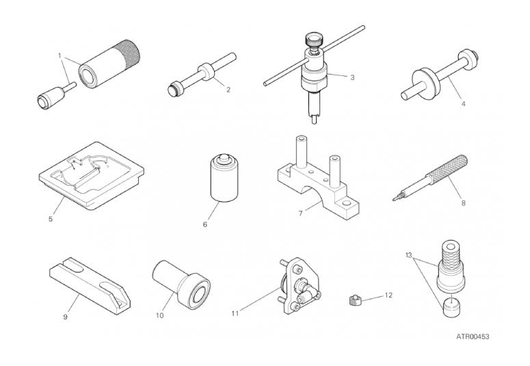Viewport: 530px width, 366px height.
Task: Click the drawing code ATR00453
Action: [x=473, y=337]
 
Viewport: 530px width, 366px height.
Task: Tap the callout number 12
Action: [x=388, y=296]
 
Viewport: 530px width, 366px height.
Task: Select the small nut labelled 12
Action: [x=354, y=300]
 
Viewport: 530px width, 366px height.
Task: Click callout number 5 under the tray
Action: [x=51, y=219]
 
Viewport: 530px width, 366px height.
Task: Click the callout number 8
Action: [x=463, y=203]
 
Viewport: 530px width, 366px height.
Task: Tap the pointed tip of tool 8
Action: [x=394, y=199]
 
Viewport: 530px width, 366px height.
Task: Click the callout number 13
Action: [x=409, y=254]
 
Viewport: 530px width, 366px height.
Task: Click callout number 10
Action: [x=159, y=315]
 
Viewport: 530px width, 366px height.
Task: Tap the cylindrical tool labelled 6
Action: [x=224, y=179]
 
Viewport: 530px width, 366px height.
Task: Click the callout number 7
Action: [x=300, y=213]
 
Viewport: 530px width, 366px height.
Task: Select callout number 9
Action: [x=65, y=317]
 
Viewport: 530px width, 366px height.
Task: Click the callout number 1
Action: [x=59, y=55]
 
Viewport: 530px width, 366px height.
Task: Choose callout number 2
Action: [x=228, y=90]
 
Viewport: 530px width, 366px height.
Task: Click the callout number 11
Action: [x=235, y=313]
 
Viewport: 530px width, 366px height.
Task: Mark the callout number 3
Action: [x=352, y=77]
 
